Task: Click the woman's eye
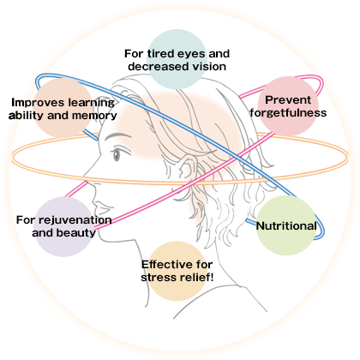click(117, 155)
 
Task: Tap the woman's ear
click(185, 169)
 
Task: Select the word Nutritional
click(286, 226)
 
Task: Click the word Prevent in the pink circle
click(287, 100)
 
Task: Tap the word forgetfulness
click(288, 112)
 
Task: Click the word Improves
click(32, 103)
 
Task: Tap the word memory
click(94, 116)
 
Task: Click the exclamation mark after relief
click(212, 277)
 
